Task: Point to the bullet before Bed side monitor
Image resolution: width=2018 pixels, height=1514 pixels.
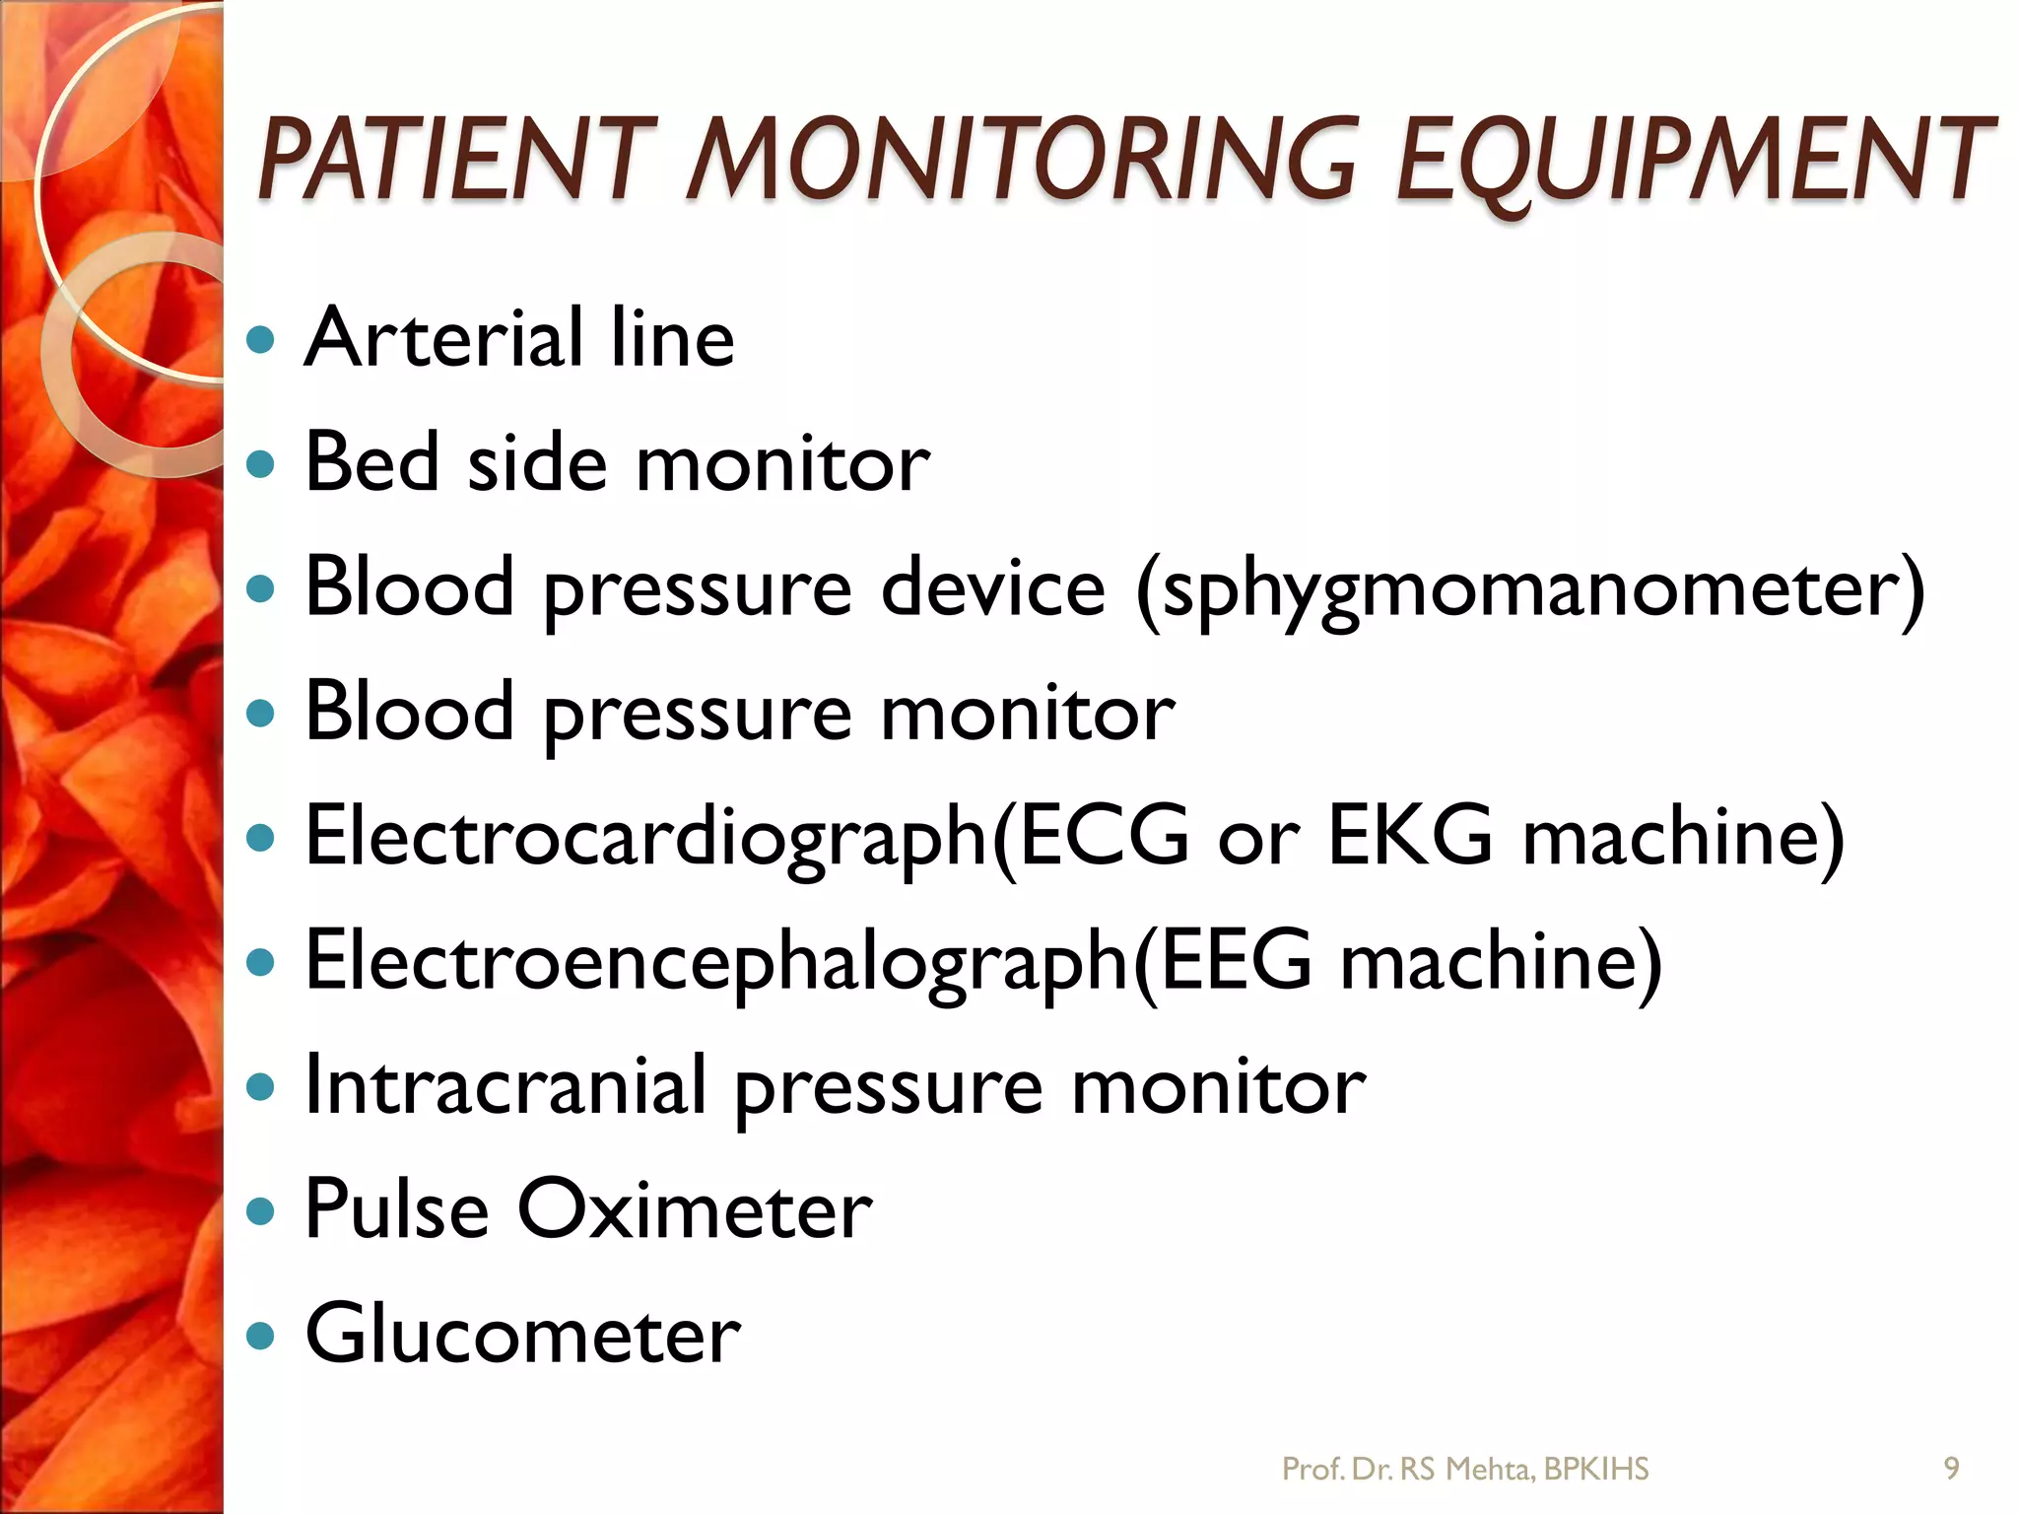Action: point(260,463)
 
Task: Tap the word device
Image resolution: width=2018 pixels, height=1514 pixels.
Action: point(993,587)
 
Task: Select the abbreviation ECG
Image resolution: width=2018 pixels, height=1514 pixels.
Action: point(1104,836)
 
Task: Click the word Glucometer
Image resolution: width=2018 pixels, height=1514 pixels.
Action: point(522,1334)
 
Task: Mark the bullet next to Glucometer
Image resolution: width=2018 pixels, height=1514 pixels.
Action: point(260,1337)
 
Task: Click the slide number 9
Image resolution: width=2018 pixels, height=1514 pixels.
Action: point(1951,1469)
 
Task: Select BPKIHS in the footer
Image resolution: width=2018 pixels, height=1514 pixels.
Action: point(1596,1470)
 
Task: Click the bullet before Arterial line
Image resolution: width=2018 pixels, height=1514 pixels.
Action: point(260,340)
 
